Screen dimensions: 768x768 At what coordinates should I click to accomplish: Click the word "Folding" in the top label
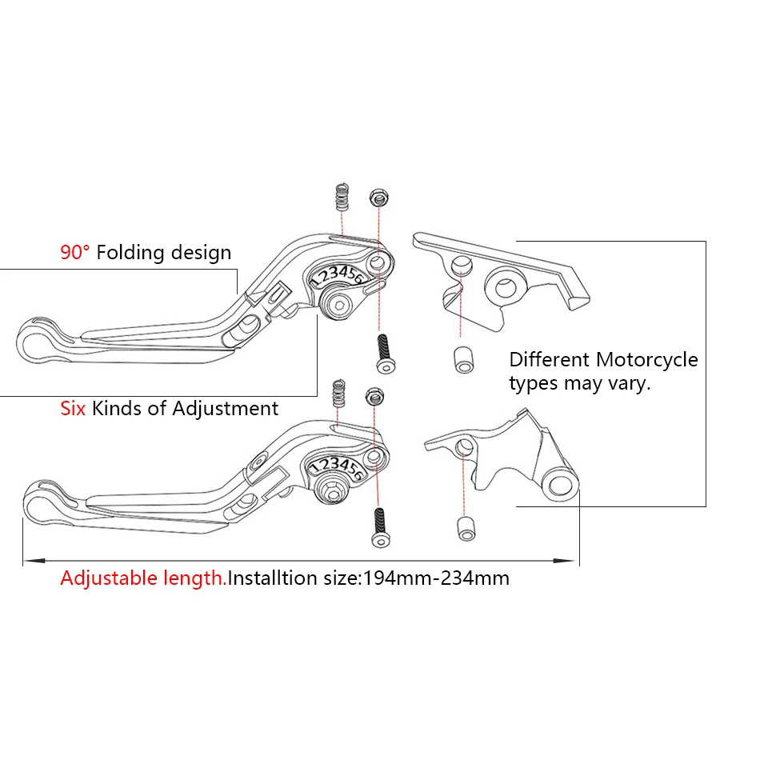point(134,254)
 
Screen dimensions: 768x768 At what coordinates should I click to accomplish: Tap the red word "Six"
point(74,408)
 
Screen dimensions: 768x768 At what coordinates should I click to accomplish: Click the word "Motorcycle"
point(646,360)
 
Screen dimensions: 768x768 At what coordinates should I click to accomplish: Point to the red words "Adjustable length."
point(143,578)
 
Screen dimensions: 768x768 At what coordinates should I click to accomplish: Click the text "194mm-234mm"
point(437,578)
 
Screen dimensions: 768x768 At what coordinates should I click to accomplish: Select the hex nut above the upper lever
point(376,197)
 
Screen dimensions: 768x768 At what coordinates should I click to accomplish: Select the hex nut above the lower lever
point(374,394)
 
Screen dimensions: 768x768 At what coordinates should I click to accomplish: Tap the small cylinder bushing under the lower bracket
point(464,528)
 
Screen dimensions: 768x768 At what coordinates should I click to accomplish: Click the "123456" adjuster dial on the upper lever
point(338,276)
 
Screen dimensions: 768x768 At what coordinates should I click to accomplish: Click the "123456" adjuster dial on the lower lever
point(336,466)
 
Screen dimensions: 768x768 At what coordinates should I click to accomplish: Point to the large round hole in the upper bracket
point(505,284)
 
